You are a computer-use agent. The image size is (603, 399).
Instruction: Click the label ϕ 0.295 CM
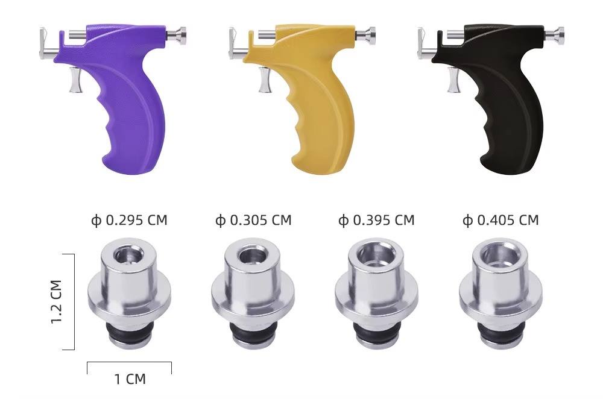tap(129, 220)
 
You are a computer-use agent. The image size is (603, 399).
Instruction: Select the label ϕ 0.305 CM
tap(253, 220)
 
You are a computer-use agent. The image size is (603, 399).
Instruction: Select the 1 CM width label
tap(130, 379)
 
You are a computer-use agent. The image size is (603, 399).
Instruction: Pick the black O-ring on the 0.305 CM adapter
tap(253, 332)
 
